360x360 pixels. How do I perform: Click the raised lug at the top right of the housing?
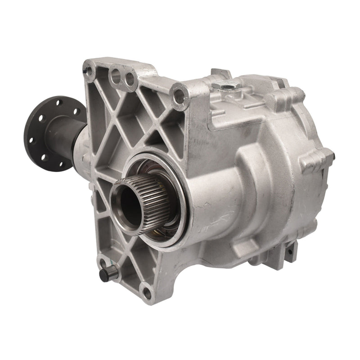(x=284, y=96)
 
